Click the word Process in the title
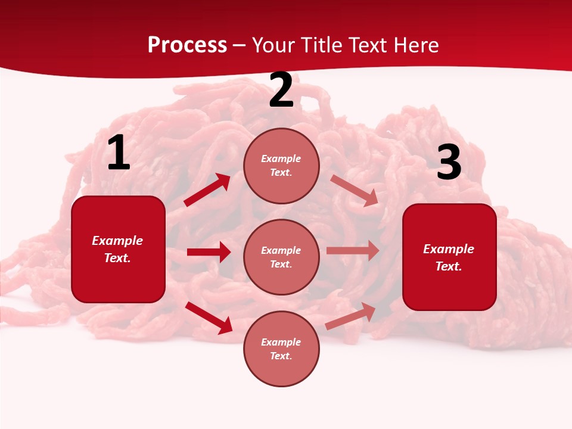[187, 45]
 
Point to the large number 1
[118, 154]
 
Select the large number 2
[281, 91]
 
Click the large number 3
[449, 163]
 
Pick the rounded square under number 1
[118, 249]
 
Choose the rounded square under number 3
[449, 257]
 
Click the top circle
[281, 166]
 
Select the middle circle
[281, 257]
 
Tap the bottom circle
[281, 349]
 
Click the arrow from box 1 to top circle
[207, 190]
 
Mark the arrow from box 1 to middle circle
[209, 252]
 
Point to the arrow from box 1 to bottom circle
[209, 318]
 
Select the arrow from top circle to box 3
[354, 191]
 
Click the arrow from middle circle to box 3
[353, 251]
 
